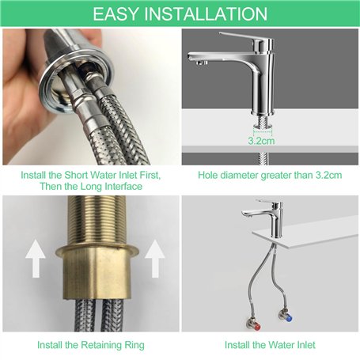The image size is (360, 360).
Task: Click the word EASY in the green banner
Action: (116, 14)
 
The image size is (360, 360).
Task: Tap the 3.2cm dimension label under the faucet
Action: (261, 141)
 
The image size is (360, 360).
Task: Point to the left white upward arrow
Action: (36, 259)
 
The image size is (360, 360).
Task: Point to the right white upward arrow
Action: (155, 259)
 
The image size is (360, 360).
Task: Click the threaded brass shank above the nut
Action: (97, 222)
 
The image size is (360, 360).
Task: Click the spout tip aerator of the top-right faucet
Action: (202, 63)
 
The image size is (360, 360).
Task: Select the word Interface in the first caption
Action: (124, 187)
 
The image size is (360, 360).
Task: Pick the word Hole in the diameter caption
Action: (207, 175)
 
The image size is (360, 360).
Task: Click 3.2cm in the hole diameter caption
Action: (328, 175)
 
